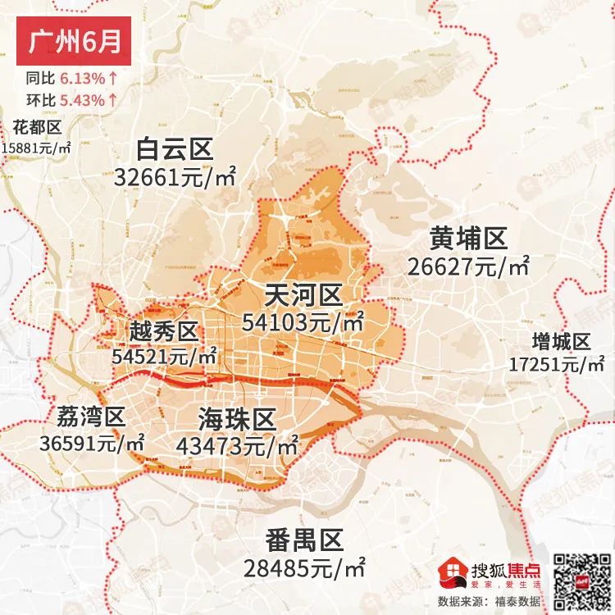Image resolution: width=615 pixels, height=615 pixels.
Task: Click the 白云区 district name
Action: tap(175, 149)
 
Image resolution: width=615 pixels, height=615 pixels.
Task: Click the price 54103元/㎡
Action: tap(303, 322)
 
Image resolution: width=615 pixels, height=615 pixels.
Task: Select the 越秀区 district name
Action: tap(164, 332)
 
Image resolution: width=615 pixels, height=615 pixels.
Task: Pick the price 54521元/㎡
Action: tap(164, 357)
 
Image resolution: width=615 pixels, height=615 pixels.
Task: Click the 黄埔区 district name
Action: tap(468, 239)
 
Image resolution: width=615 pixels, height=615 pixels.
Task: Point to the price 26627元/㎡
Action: tap(468, 266)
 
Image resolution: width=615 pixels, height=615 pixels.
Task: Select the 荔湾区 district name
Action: tap(91, 417)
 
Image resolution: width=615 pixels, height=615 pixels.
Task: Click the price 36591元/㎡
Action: tap(92, 443)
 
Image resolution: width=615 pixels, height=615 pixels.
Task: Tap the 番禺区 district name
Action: tap(303, 540)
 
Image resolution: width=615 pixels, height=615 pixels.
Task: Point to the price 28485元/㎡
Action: tap(304, 567)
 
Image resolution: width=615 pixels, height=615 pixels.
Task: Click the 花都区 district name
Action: tap(38, 127)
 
